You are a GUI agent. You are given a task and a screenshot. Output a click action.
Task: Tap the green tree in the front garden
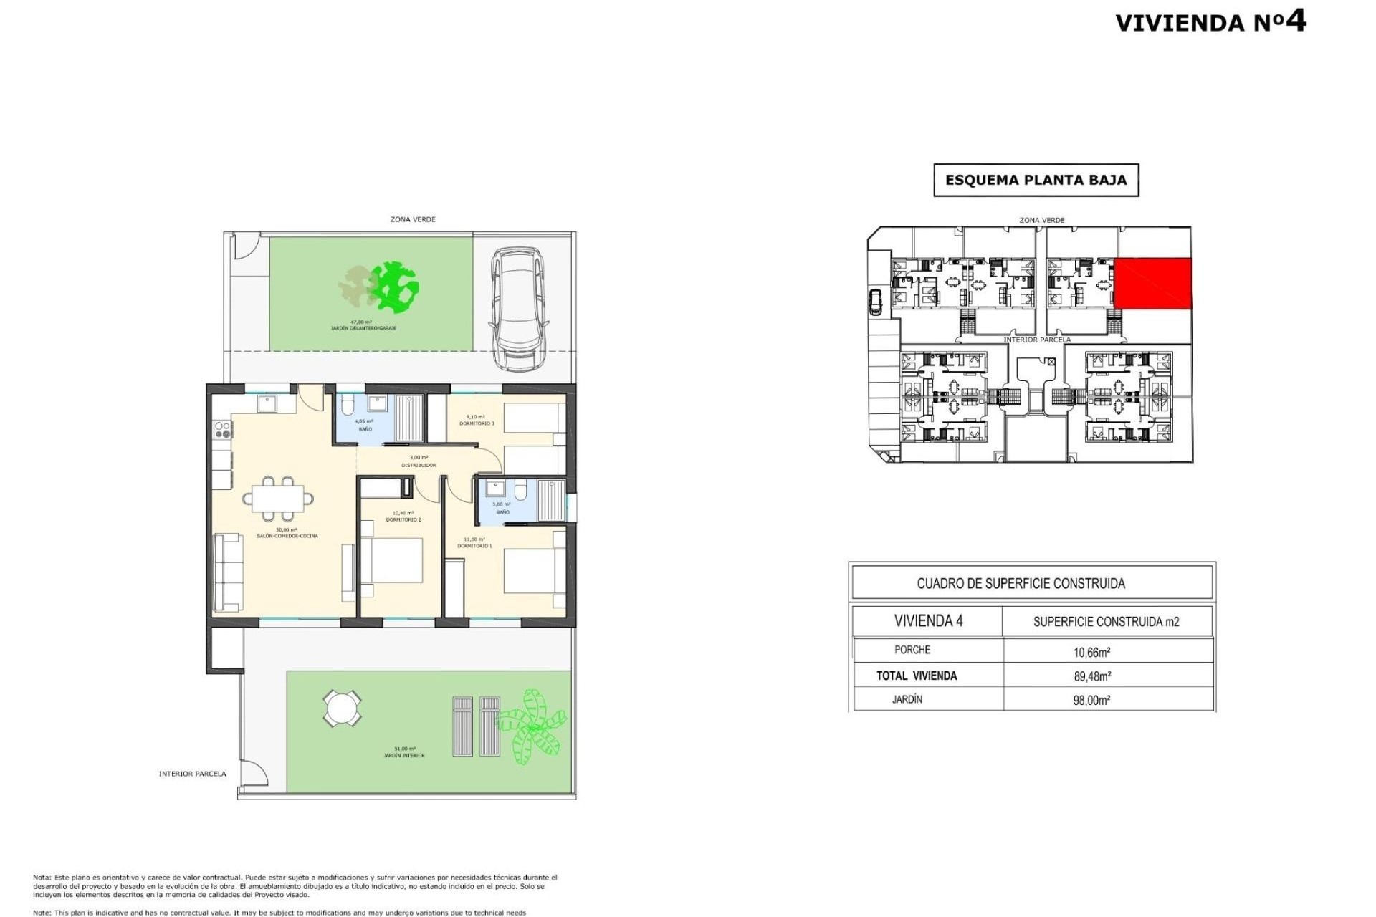tap(393, 287)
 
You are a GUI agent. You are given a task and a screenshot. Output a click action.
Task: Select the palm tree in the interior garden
tap(532, 726)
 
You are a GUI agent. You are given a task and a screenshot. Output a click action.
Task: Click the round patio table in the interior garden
tap(342, 708)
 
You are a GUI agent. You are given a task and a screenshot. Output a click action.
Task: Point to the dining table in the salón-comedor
tap(278, 498)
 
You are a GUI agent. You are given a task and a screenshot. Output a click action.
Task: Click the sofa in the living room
tap(228, 572)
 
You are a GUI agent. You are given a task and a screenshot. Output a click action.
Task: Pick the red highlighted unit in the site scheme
tap(1152, 284)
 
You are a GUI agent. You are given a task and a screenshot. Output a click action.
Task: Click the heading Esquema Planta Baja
tap(1036, 180)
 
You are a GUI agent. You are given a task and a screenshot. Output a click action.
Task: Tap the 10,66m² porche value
tap(1091, 652)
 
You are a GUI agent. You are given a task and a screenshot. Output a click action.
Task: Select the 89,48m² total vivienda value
tap(1092, 676)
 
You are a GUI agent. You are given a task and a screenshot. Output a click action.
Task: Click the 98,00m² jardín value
tap(1091, 700)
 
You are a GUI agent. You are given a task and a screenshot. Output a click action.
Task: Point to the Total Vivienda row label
tap(916, 676)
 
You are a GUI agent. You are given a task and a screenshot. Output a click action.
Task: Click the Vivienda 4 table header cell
tap(928, 621)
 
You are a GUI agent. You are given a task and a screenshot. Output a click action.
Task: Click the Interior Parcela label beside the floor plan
tap(192, 774)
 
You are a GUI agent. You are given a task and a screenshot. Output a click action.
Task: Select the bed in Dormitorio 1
tap(534, 571)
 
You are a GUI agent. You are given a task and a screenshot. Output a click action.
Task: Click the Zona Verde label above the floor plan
tap(413, 219)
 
